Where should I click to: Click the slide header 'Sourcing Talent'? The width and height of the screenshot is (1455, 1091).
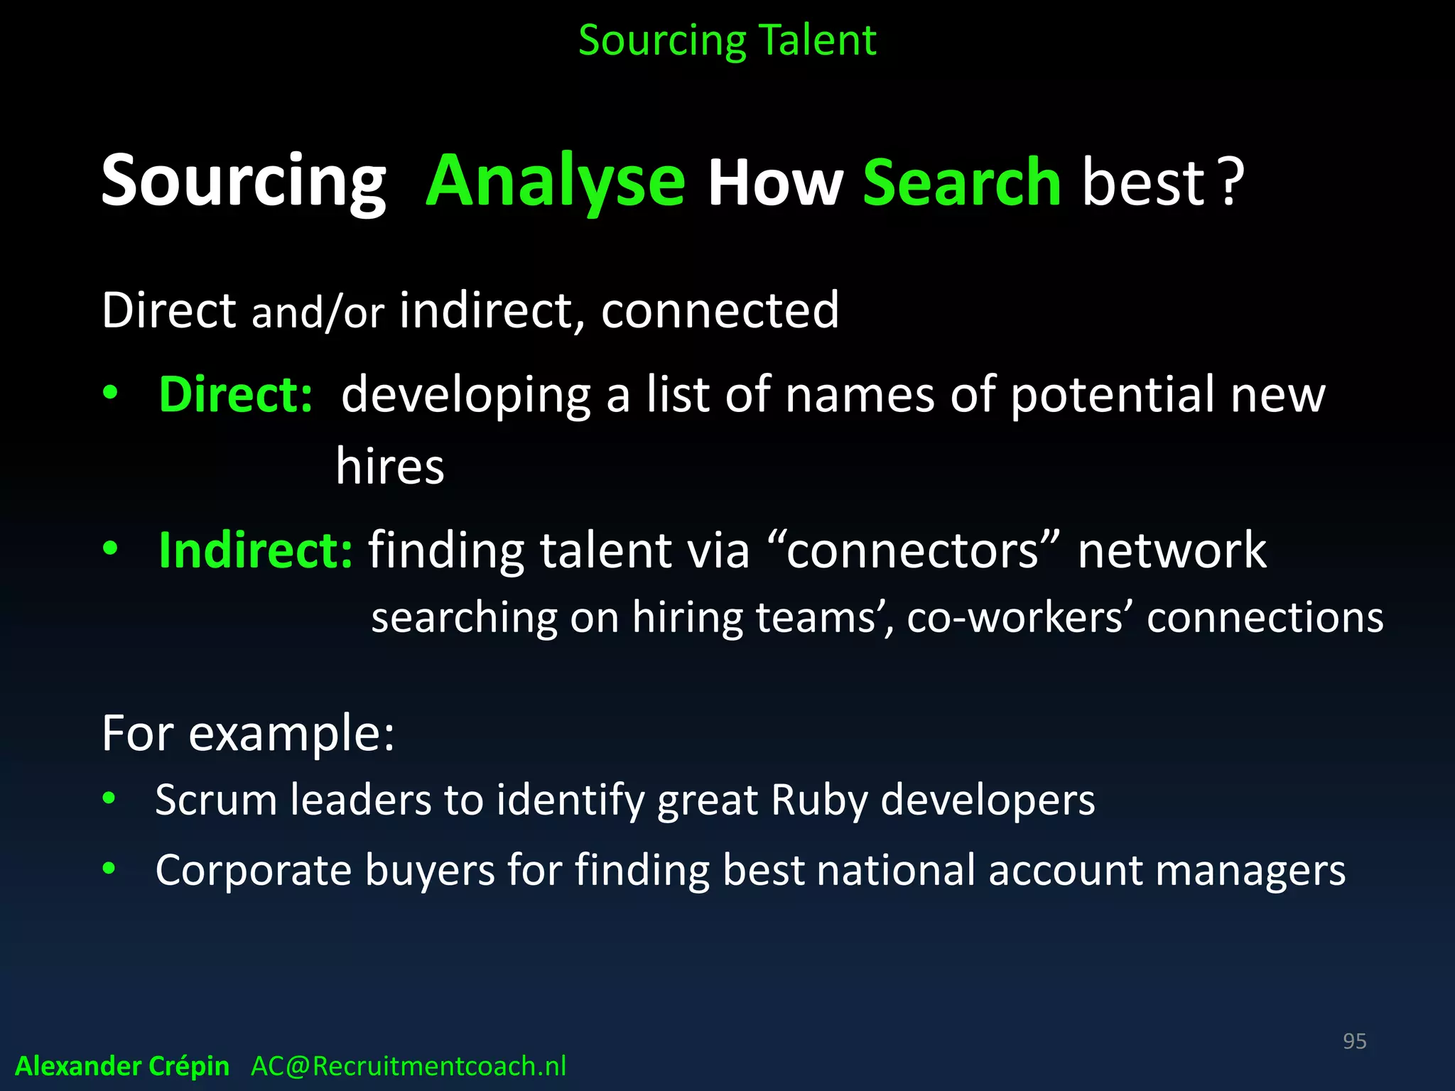727,40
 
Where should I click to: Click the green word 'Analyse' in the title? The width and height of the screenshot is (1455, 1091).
556,182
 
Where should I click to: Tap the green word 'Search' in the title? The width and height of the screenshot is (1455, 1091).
962,183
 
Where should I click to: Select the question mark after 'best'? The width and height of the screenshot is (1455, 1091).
1232,183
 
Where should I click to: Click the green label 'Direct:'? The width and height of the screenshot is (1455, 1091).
235,394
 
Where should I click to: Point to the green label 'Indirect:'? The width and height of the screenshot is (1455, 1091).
255,550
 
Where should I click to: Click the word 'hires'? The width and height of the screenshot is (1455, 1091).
390,467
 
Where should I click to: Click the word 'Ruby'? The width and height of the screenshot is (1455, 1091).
819,800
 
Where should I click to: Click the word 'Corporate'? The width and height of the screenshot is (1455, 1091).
254,871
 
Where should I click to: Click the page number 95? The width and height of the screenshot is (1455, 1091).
1354,1041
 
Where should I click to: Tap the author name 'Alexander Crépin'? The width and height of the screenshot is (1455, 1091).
122,1066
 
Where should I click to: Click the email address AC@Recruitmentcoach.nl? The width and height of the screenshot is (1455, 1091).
409,1066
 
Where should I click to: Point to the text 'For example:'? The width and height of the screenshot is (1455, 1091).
248,733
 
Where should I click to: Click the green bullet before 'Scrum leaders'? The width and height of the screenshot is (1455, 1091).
109,798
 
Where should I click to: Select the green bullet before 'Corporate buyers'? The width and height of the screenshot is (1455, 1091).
109,868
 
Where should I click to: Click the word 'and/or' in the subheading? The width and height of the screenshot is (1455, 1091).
318,313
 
